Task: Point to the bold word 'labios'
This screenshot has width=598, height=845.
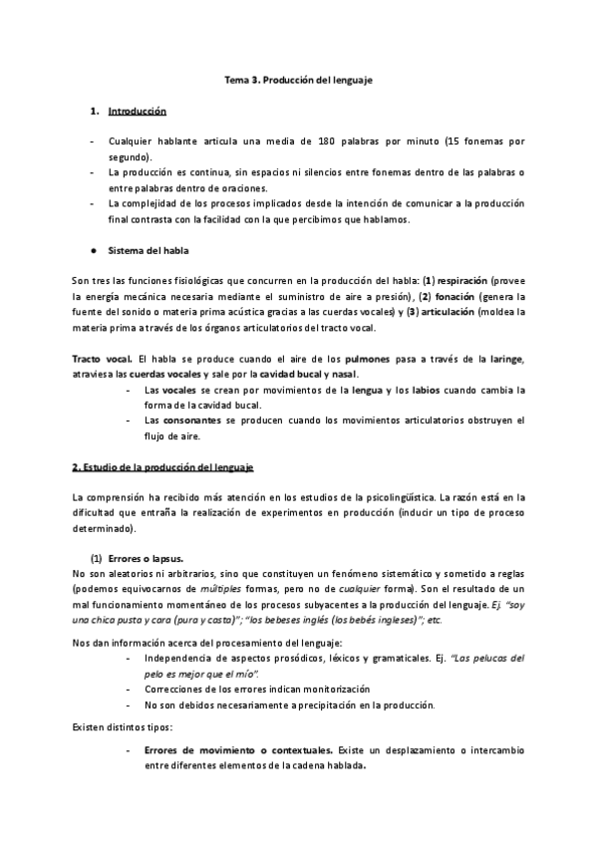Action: tap(431, 390)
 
